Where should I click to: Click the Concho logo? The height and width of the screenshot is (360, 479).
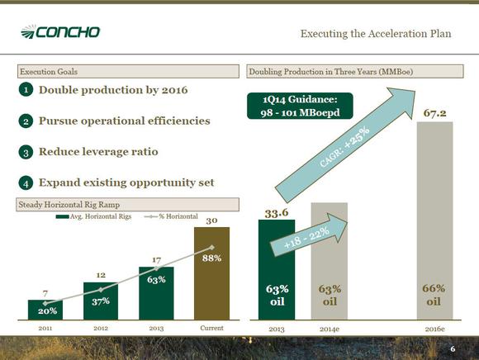60,31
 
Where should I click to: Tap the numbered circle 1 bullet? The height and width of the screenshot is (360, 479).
26,90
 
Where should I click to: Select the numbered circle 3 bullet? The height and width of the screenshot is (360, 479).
26,152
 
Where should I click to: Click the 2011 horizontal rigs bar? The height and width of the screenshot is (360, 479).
45,310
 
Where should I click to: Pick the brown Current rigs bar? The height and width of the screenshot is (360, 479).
211,273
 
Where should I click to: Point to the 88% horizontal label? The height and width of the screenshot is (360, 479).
211,258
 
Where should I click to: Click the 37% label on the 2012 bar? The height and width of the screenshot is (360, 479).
101,301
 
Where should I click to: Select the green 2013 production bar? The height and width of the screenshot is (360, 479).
277,270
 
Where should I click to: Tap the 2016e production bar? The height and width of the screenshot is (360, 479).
434,220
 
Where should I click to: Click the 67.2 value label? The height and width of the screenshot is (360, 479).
434,113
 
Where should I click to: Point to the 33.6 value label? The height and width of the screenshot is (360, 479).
277,213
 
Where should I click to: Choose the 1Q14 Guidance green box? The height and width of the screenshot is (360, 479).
300,106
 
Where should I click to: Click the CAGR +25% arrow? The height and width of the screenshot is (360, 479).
345,144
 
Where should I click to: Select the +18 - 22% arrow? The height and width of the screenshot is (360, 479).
309,234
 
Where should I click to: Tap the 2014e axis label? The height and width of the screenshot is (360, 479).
330,329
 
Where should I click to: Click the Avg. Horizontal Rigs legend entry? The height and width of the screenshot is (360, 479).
93,216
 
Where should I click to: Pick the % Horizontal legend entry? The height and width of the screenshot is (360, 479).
171,216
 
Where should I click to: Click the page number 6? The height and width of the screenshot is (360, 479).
453,349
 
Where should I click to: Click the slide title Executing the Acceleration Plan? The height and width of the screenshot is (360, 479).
376,34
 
